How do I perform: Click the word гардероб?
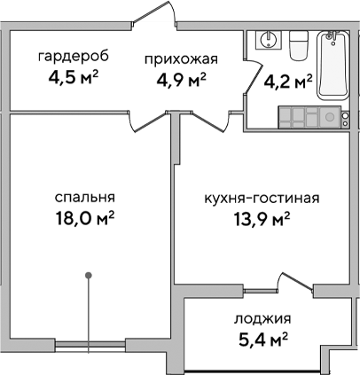73,57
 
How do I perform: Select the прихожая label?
181,59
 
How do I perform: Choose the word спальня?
86,198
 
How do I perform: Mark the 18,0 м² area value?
86,218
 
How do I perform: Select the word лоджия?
263,318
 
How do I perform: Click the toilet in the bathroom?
298,42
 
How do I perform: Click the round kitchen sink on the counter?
329,116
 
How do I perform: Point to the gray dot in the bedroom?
89,275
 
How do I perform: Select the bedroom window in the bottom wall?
89,340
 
